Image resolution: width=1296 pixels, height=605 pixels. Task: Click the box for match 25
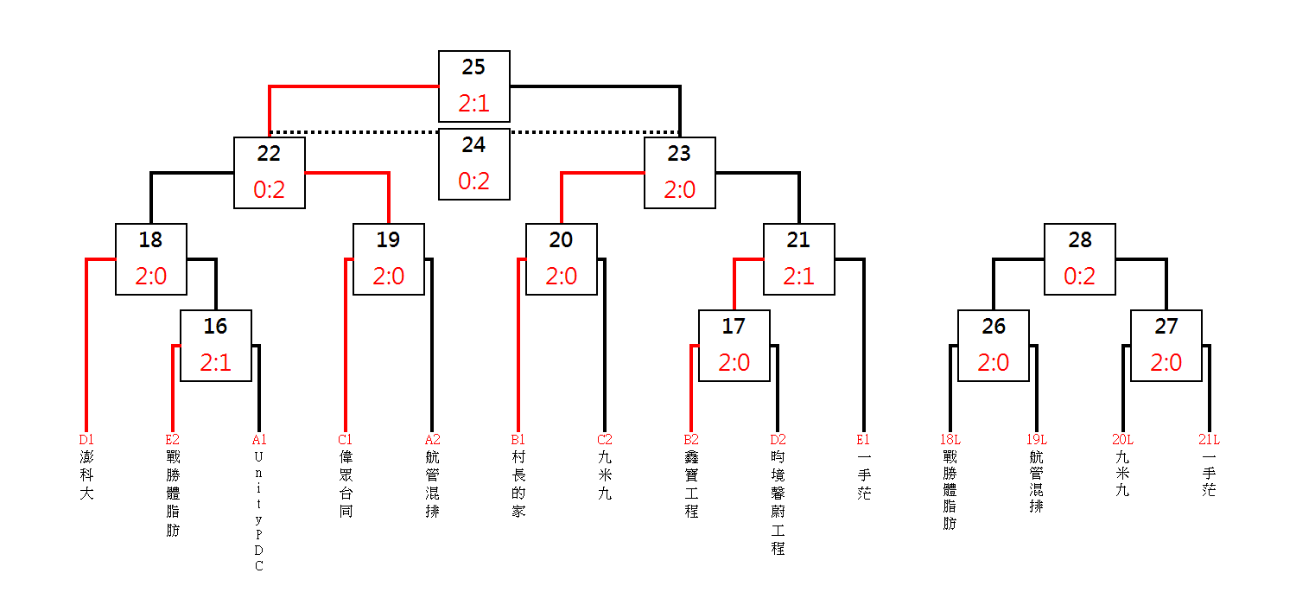pos(473,86)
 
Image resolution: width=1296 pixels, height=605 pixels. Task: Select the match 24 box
pos(473,164)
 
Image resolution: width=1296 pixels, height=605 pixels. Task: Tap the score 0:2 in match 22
pos(269,190)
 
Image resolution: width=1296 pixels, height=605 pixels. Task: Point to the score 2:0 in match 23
pos(680,190)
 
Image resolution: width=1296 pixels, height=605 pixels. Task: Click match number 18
pos(150,239)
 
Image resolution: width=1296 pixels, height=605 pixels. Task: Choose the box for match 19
pos(388,259)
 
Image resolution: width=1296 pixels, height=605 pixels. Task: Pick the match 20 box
pos(562,259)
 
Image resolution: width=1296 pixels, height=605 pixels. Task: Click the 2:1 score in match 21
pos(799,277)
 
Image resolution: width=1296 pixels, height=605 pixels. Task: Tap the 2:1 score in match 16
pos(216,363)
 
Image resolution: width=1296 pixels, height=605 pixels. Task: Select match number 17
pos(734,327)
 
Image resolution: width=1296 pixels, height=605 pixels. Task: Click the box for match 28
pos(1080,259)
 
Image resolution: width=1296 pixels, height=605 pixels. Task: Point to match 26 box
pos(994,346)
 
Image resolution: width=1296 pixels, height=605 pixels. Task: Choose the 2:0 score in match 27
pos(1166,363)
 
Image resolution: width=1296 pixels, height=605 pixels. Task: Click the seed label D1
pos(86,439)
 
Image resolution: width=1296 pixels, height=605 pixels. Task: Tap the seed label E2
pos(173,439)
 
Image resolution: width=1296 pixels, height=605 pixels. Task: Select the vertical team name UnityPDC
pos(258,511)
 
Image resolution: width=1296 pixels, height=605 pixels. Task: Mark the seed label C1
pos(345,439)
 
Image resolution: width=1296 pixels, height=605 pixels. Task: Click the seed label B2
pos(691,439)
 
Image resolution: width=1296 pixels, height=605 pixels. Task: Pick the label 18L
pos(950,439)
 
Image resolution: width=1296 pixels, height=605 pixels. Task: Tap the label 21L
pos(1210,439)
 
